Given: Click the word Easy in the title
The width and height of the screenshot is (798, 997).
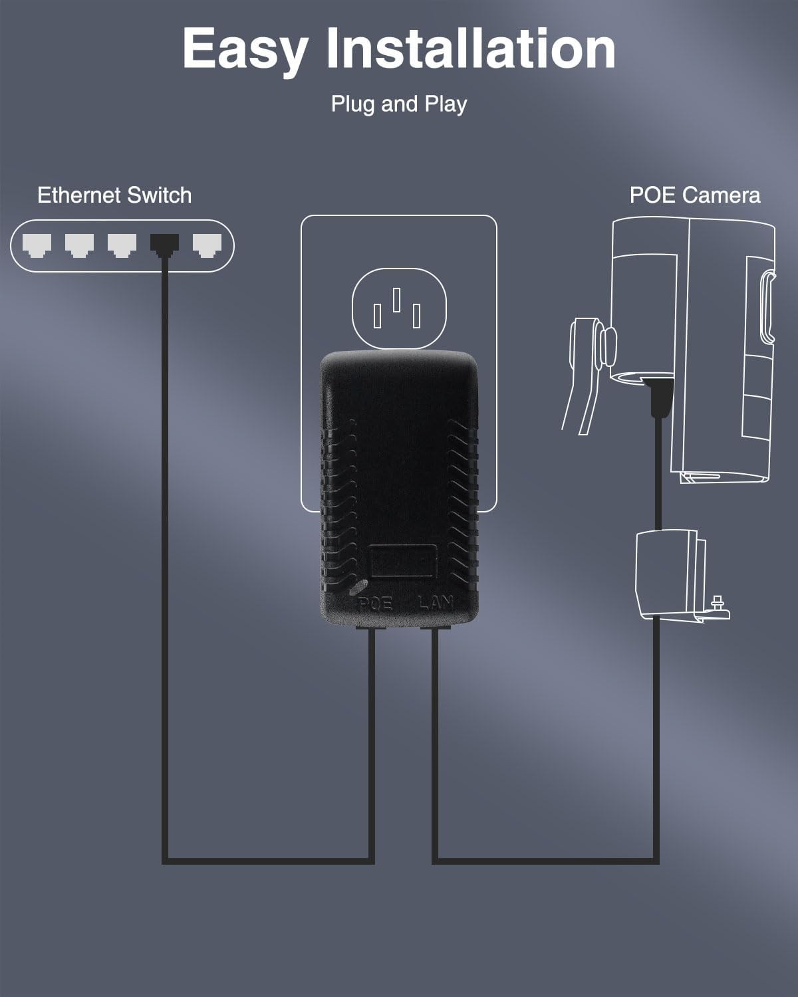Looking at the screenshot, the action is point(245,49).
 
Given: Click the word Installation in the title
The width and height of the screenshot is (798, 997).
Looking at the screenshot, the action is point(471,48).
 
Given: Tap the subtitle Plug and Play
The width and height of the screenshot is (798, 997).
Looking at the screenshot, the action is point(399,104).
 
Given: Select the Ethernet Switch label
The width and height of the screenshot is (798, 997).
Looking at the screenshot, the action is point(114,195).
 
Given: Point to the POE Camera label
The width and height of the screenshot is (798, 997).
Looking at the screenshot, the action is point(695,195).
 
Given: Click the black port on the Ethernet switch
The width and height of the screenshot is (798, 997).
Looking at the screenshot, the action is point(164,245).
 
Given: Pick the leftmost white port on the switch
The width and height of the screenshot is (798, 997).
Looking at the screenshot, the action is point(37,245).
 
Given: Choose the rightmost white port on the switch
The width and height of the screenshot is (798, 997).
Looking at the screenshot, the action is point(207,245).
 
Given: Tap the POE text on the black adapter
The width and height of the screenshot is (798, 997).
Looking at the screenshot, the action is point(376,604).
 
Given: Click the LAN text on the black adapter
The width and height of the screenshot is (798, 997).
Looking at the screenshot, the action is point(436,604).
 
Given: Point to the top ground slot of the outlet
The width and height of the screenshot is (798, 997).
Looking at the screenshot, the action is point(397,299).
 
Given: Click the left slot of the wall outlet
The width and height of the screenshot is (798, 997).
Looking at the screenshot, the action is point(377,316).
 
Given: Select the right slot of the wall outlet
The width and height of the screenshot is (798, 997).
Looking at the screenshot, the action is point(417,316).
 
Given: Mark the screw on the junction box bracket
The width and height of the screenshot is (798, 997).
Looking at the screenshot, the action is point(718,604).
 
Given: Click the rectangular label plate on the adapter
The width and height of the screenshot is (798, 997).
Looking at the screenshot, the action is point(403,560).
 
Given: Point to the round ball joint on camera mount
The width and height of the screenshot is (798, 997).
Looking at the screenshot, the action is point(606,346).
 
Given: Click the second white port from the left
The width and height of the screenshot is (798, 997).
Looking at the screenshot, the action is point(79,245).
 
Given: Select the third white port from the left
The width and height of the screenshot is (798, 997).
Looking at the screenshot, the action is point(122,245).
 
